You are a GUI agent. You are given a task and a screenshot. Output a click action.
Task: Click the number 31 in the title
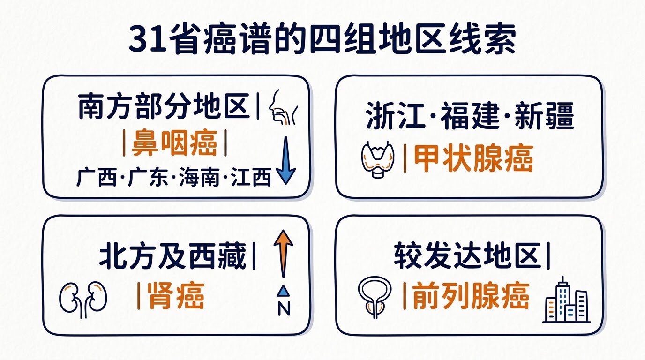[148, 39]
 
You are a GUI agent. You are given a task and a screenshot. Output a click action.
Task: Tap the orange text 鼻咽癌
[174, 143]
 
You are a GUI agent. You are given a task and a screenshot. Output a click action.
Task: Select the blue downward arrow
[285, 160]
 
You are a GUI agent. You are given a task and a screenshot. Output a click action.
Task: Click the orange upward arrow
[284, 254]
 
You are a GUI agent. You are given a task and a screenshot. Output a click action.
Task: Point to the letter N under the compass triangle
[284, 309]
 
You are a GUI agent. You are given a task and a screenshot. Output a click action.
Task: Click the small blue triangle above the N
[284, 291]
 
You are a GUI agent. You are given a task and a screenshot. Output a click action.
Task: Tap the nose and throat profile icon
[283, 107]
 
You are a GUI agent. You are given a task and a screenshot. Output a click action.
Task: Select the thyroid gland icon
[377, 159]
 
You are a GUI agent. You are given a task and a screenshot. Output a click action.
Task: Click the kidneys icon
[83, 300]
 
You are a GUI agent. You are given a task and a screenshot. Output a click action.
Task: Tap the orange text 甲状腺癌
[473, 159]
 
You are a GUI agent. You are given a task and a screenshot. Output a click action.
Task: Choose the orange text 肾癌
[176, 296]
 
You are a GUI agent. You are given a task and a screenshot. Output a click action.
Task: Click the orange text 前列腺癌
[471, 296]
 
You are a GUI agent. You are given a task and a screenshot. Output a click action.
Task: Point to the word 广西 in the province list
[97, 177]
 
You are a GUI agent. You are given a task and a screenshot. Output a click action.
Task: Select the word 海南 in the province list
[199, 177]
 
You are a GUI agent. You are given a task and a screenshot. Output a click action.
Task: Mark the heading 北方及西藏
[172, 256]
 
